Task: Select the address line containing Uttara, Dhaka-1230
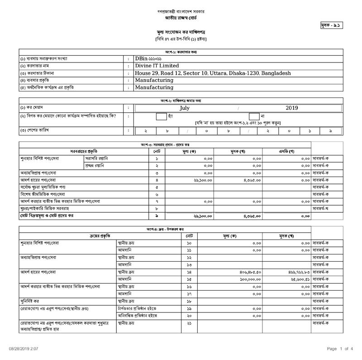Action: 213,73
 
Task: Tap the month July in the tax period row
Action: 185,108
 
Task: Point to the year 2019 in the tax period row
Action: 292,108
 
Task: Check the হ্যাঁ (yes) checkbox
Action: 162,117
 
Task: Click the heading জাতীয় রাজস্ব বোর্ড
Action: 181,18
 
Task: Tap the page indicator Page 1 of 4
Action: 340,349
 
